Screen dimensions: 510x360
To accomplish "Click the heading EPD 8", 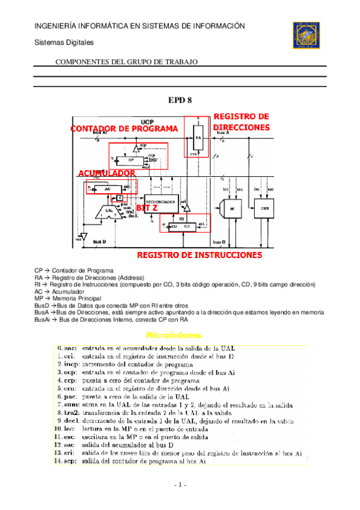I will [180, 100].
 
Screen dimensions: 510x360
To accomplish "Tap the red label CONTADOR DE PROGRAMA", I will [124, 129].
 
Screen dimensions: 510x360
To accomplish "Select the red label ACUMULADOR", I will [106, 173].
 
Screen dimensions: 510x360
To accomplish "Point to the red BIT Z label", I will [148, 207].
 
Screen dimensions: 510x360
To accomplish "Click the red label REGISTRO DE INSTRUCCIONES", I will [200, 255].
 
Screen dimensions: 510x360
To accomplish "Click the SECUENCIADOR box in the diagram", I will [161, 201].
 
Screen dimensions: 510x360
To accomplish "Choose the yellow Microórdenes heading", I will [174, 334].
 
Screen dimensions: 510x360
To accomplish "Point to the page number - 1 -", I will [180, 485].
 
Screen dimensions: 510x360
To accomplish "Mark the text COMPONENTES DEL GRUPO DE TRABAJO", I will [126, 62].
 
